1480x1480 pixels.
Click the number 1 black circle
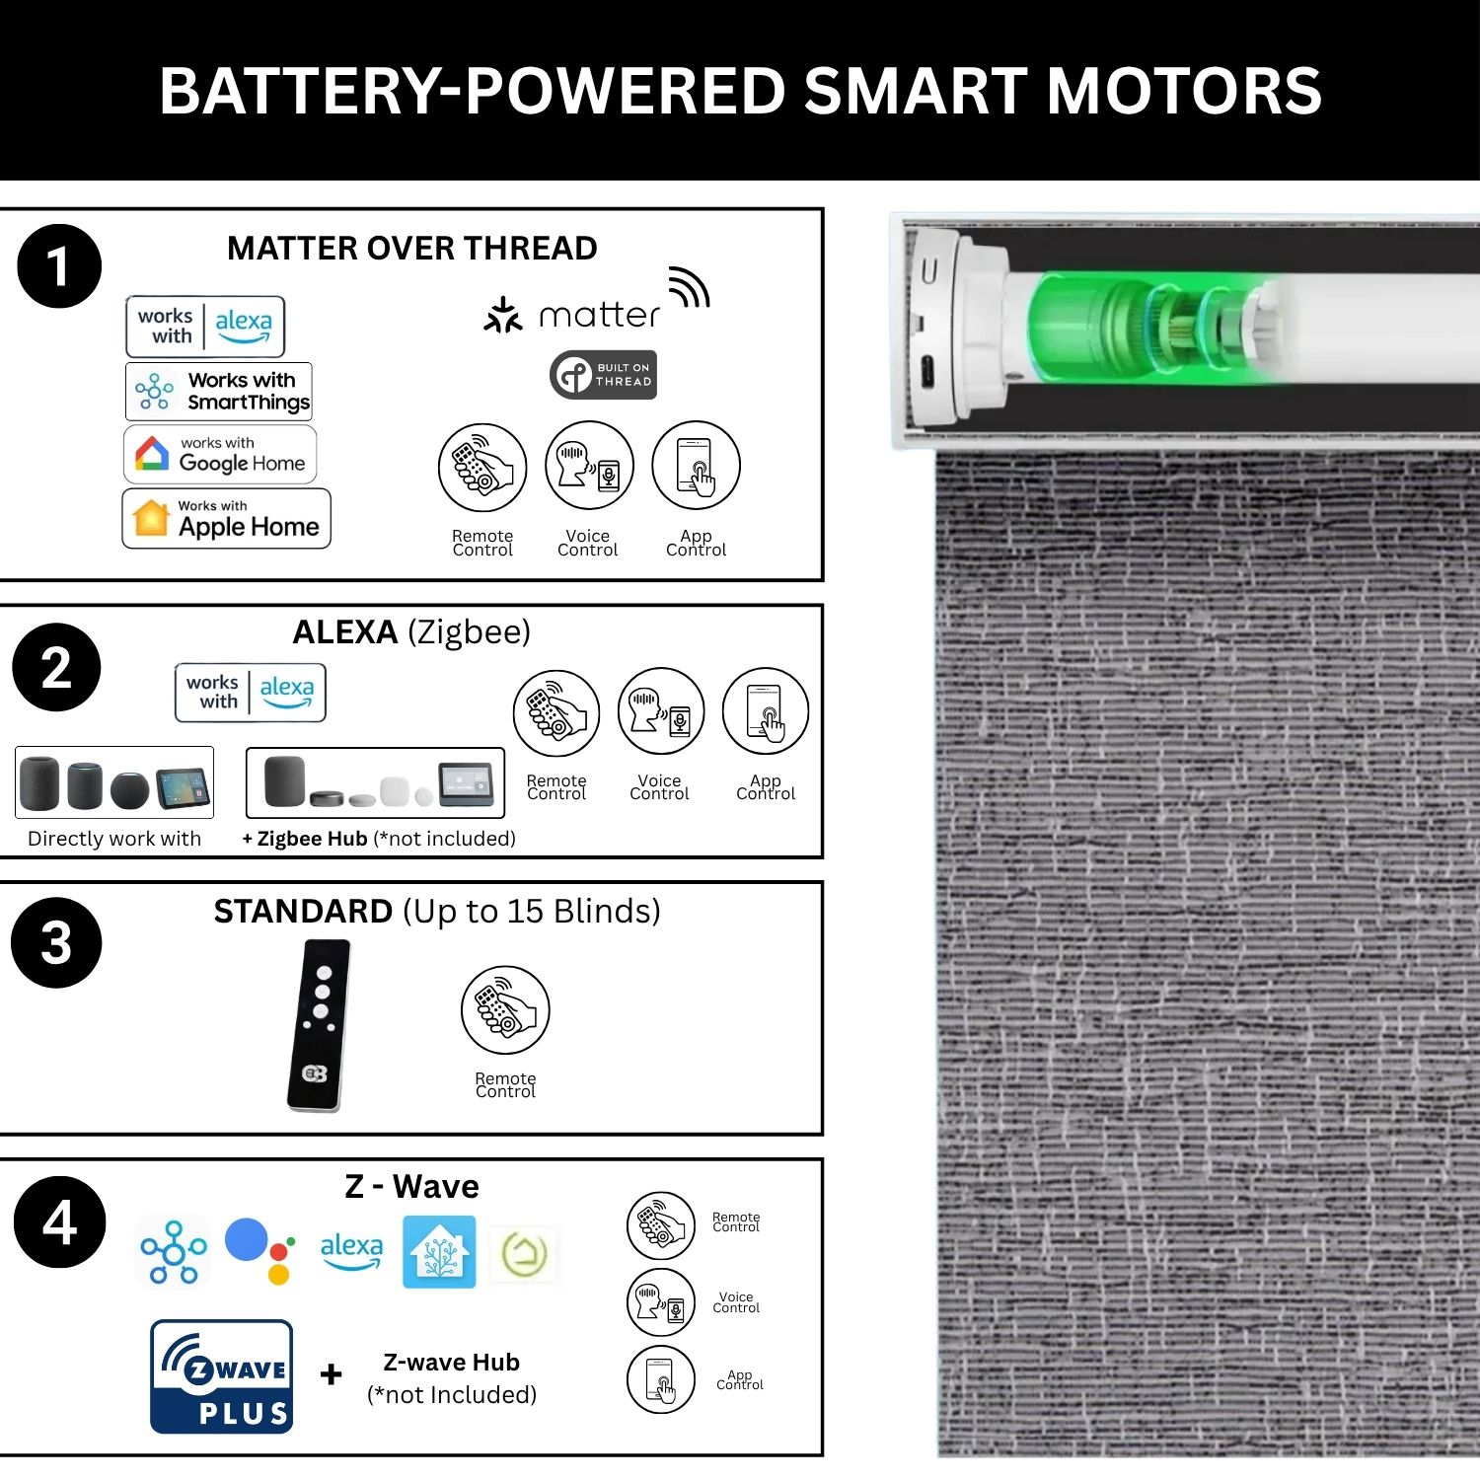click(59, 266)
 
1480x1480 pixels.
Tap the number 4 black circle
click(59, 1222)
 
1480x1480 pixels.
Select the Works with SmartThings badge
click(219, 391)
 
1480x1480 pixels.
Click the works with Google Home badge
click(220, 454)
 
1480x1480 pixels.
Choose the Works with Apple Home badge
click(226, 518)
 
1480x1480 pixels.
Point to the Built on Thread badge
click(603, 375)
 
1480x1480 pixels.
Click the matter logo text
click(599, 316)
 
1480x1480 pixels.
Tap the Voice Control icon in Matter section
click(589, 466)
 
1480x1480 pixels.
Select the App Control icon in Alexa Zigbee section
click(766, 711)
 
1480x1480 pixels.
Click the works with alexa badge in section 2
click(251, 693)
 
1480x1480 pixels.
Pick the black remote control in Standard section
click(319, 1025)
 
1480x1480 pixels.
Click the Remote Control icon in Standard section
click(505, 1009)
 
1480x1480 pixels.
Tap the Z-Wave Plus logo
click(222, 1376)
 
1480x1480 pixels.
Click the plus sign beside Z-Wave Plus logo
click(332, 1373)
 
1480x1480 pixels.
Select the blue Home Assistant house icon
click(439, 1252)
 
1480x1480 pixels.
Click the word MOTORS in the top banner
click(1184, 91)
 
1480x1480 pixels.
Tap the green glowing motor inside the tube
click(1149, 329)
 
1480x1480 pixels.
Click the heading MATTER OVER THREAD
click(412, 248)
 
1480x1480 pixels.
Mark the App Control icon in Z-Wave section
click(661, 1379)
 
